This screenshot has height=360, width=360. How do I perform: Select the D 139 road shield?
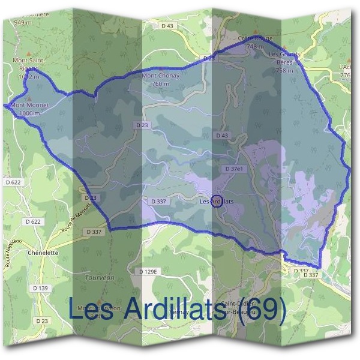click(x=41, y=288)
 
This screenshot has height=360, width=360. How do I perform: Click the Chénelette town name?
click(x=43, y=253)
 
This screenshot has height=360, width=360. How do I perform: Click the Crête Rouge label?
click(x=255, y=39)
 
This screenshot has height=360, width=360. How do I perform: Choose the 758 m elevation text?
click(x=284, y=70)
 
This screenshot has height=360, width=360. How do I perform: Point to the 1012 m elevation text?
click(x=28, y=77)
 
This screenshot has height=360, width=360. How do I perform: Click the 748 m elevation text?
click(x=255, y=46)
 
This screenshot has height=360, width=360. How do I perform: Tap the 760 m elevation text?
click(x=160, y=84)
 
